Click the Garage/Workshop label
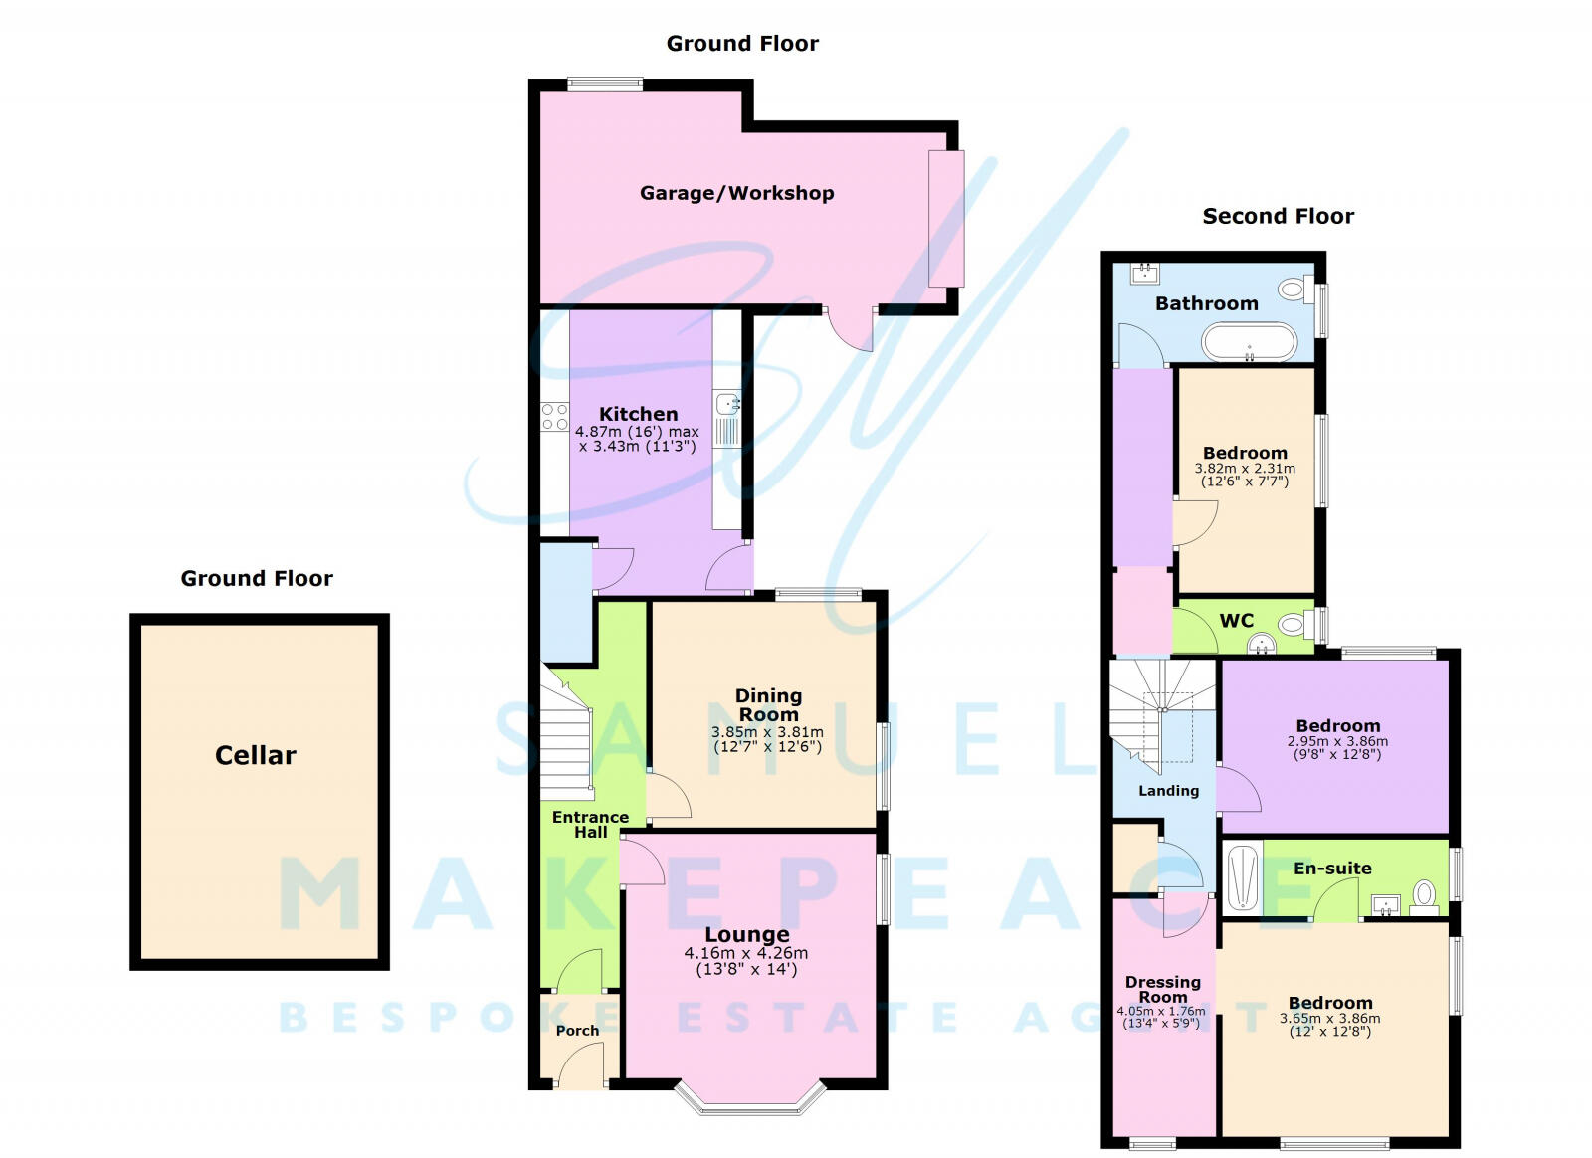[736, 193]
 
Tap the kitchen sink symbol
[727, 404]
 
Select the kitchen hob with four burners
[554, 417]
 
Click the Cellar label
[256, 755]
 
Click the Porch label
[577, 1031]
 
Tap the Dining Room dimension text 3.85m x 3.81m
[767, 732]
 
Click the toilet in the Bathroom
[1293, 289]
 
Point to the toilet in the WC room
[1293, 625]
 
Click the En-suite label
[1332, 868]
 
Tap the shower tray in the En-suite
[1241, 877]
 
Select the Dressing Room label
[1162, 989]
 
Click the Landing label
[1168, 791]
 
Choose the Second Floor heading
[1278, 216]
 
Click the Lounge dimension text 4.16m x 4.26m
[746, 953]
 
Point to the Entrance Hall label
[590, 824]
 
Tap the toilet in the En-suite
[1424, 894]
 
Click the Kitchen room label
[638, 414]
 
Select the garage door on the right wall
[946, 219]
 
